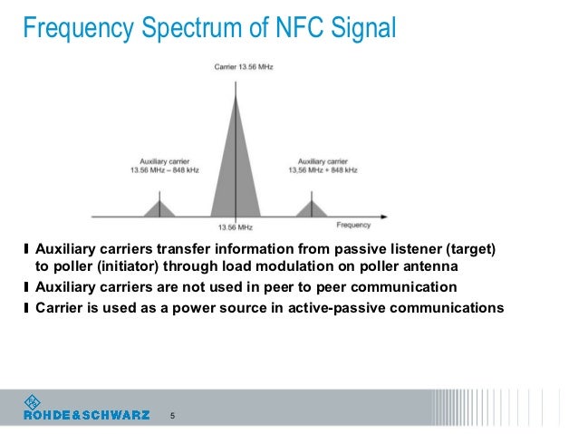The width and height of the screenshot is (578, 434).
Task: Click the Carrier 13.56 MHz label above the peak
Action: (x=236, y=66)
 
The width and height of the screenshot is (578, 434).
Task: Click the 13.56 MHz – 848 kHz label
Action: (x=159, y=170)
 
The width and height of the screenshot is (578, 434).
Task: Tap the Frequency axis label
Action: (x=352, y=224)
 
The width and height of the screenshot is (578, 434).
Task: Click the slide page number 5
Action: (x=173, y=416)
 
